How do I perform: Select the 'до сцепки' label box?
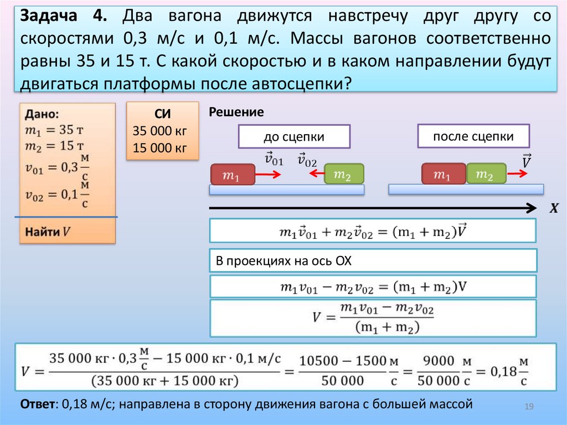click(x=294, y=137)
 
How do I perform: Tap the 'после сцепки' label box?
click(x=473, y=136)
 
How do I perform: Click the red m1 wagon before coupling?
click(x=232, y=176)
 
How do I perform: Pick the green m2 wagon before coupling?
click(x=344, y=175)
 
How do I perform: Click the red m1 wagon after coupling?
click(x=444, y=175)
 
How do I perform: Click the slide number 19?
click(x=528, y=408)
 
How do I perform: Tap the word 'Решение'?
click(x=236, y=112)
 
